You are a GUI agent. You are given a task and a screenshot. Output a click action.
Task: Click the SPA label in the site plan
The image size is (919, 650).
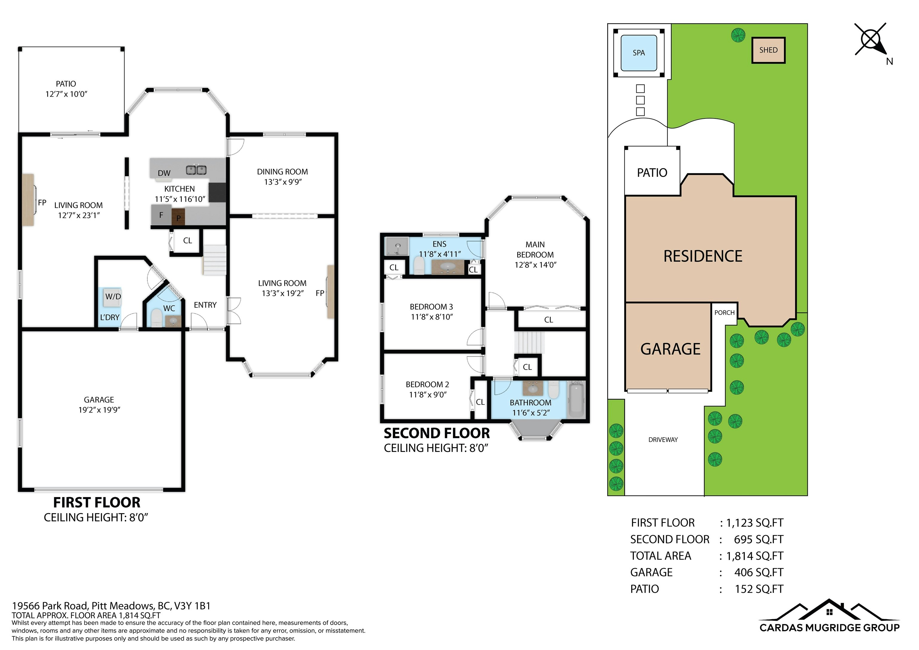639,53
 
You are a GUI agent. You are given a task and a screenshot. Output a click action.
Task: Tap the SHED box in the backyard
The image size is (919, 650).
768,50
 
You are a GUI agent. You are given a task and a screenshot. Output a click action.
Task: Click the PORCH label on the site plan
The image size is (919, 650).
725,312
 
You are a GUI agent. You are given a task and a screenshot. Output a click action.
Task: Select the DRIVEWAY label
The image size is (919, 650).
663,440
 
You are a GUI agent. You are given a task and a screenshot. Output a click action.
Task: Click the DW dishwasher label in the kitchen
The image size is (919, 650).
164,173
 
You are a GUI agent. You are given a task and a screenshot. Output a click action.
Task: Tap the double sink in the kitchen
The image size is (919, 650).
196,170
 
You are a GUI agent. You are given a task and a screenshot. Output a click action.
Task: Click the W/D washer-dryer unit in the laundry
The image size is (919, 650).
112,297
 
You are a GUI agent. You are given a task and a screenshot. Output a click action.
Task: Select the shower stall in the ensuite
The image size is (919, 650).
397,246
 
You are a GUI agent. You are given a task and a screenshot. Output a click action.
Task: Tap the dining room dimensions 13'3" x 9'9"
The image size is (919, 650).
283,182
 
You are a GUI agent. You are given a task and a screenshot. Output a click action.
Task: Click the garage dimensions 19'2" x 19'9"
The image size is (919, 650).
99,410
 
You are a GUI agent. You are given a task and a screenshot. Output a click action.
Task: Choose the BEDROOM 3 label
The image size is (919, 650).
431,307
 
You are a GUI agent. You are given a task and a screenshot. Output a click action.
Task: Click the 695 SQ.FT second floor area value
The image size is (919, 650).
758,540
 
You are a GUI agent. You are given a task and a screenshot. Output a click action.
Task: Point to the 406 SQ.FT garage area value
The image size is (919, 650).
758,572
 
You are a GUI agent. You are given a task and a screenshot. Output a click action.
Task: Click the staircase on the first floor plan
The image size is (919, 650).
215,260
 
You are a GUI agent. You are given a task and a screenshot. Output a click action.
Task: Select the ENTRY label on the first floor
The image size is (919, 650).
205,305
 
